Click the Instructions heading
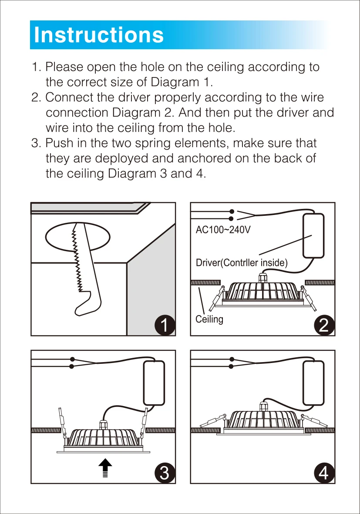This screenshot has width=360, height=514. coord(99,35)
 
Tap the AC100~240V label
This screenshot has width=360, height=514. coord(223,229)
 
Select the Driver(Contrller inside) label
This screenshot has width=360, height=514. coord(242,262)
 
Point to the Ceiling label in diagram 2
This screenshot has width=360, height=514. coord(209,319)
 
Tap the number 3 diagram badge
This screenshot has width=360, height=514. coord(165,473)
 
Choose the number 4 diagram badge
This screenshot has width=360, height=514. coord(324,473)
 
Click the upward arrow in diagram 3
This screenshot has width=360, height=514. coord(104,468)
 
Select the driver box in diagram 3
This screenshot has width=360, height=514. coord(154,383)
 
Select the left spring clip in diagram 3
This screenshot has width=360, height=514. coord(62,420)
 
